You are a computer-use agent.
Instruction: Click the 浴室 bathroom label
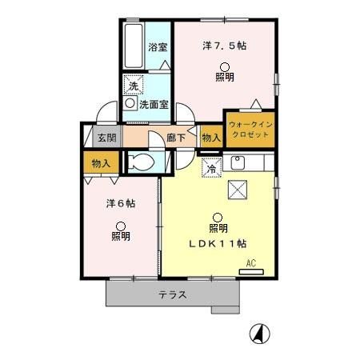(x=158, y=47)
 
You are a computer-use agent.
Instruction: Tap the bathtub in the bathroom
(x=134, y=46)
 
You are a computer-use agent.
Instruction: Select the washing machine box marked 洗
(x=134, y=85)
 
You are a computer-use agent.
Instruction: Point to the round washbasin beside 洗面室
(x=130, y=103)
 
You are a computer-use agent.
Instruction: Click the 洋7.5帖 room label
(x=224, y=46)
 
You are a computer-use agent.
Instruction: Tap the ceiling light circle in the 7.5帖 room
(x=225, y=67)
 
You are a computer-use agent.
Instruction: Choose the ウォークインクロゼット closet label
(x=250, y=130)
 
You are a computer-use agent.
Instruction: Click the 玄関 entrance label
(x=107, y=138)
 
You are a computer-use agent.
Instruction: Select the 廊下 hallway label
(x=176, y=138)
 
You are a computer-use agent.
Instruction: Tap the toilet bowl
(x=141, y=162)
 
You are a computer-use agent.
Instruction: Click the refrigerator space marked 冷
(x=212, y=168)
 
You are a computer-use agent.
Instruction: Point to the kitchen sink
(x=238, y=162)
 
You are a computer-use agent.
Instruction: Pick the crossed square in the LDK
(x=238, y=190)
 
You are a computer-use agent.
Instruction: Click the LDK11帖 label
(x=218, y=244)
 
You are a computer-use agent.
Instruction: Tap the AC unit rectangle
(x=251, y=272)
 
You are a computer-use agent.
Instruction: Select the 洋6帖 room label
(x=121, y=204)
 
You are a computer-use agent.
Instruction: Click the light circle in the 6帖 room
(x=121, y=226)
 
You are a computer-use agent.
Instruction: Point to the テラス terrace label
(x=173, y=295)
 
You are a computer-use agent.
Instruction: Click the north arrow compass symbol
(x=260, y=334)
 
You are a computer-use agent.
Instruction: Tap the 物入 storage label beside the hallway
(x=211, y=138)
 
